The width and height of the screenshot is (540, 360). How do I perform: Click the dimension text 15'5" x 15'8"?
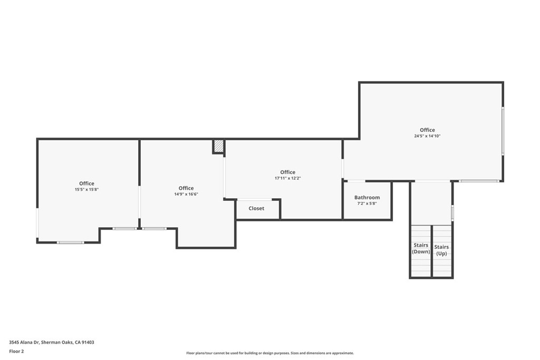[86, 190]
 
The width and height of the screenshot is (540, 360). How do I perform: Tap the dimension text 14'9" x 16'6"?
[186, 194]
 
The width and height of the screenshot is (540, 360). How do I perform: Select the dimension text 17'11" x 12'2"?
[287, 178]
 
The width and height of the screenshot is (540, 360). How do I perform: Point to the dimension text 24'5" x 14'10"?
[427, 136]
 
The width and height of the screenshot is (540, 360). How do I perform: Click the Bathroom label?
[367, 198]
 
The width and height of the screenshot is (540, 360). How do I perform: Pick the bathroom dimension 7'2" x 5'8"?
[367, 203]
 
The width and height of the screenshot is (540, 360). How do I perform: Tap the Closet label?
[256, 209]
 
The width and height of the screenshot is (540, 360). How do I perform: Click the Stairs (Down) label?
[421, 249]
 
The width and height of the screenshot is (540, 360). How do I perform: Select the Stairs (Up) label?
[441, 250]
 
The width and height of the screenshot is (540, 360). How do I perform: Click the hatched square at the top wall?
[219, 146]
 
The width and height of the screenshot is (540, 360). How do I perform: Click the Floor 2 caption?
[16, 351]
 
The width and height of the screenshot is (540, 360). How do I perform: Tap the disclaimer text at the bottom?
[270, 353]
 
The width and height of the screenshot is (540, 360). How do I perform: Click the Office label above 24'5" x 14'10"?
[427, 130]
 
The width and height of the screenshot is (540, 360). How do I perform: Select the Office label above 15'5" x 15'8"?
[86, 183]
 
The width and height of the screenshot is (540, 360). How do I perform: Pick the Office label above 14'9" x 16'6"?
[186, 188]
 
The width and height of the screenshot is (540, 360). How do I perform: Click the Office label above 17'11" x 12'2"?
[287, 172]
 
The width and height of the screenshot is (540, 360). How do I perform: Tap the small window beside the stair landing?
[452, 213]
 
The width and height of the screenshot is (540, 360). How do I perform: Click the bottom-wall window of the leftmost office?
[70, 242]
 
